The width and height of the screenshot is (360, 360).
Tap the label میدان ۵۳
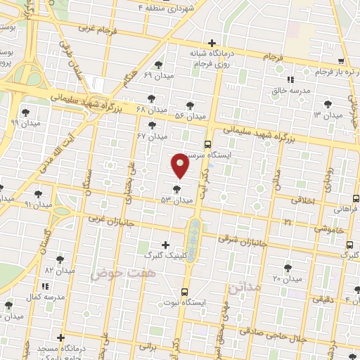pos(176,200)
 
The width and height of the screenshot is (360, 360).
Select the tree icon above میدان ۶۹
pos(166,63)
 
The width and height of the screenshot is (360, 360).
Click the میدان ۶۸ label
pos(152,110)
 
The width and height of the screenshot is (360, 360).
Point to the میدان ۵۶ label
pos(189,115)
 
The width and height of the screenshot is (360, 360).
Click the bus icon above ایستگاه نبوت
pos(185,291)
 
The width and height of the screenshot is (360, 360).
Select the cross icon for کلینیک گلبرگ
pos(166,245)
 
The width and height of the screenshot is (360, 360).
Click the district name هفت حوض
pos(111,272)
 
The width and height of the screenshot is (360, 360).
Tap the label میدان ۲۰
pos(287,279)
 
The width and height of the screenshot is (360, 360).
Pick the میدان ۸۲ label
pos(59,270)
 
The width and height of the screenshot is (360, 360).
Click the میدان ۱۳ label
pos(327,115)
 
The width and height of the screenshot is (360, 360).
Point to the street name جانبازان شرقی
pos(243,239)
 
